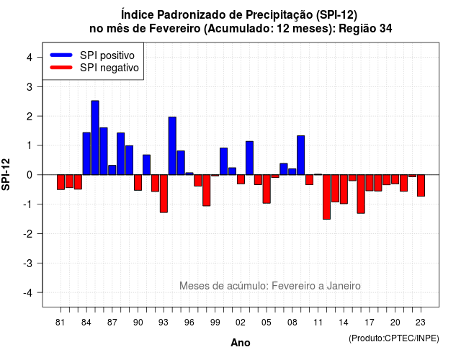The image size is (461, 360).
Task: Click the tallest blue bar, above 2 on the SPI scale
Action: tap(95, 138)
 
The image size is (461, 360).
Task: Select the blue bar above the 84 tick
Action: tap(86, 153)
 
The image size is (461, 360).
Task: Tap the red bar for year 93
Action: tap(164, 194)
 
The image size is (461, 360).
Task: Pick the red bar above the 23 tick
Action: tap(421, 186)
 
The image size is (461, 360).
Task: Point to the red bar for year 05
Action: tap(267, 189)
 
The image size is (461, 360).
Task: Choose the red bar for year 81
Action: tap(61, 182)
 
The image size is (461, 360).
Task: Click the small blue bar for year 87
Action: tap(112, 170)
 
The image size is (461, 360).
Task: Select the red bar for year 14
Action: tap(344, 189)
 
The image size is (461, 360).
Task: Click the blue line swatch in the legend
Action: tap(61, 55)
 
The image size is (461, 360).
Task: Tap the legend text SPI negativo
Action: tap(109, 68)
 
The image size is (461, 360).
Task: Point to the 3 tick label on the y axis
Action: tap(30, 86)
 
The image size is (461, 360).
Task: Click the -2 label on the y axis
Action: tap(28, 233)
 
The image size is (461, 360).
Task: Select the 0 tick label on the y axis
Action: tap(30, 175)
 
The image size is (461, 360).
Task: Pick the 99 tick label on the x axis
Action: tap(215, 323)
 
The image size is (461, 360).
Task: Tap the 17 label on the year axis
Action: tap(370, 323)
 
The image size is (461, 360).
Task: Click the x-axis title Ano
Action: tap(241, 343)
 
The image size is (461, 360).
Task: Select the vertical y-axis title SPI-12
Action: tap(6, 174)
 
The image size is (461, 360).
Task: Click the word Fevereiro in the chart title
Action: tap(174, 29)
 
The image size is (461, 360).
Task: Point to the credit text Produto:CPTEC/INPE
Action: tap(394, 338)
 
